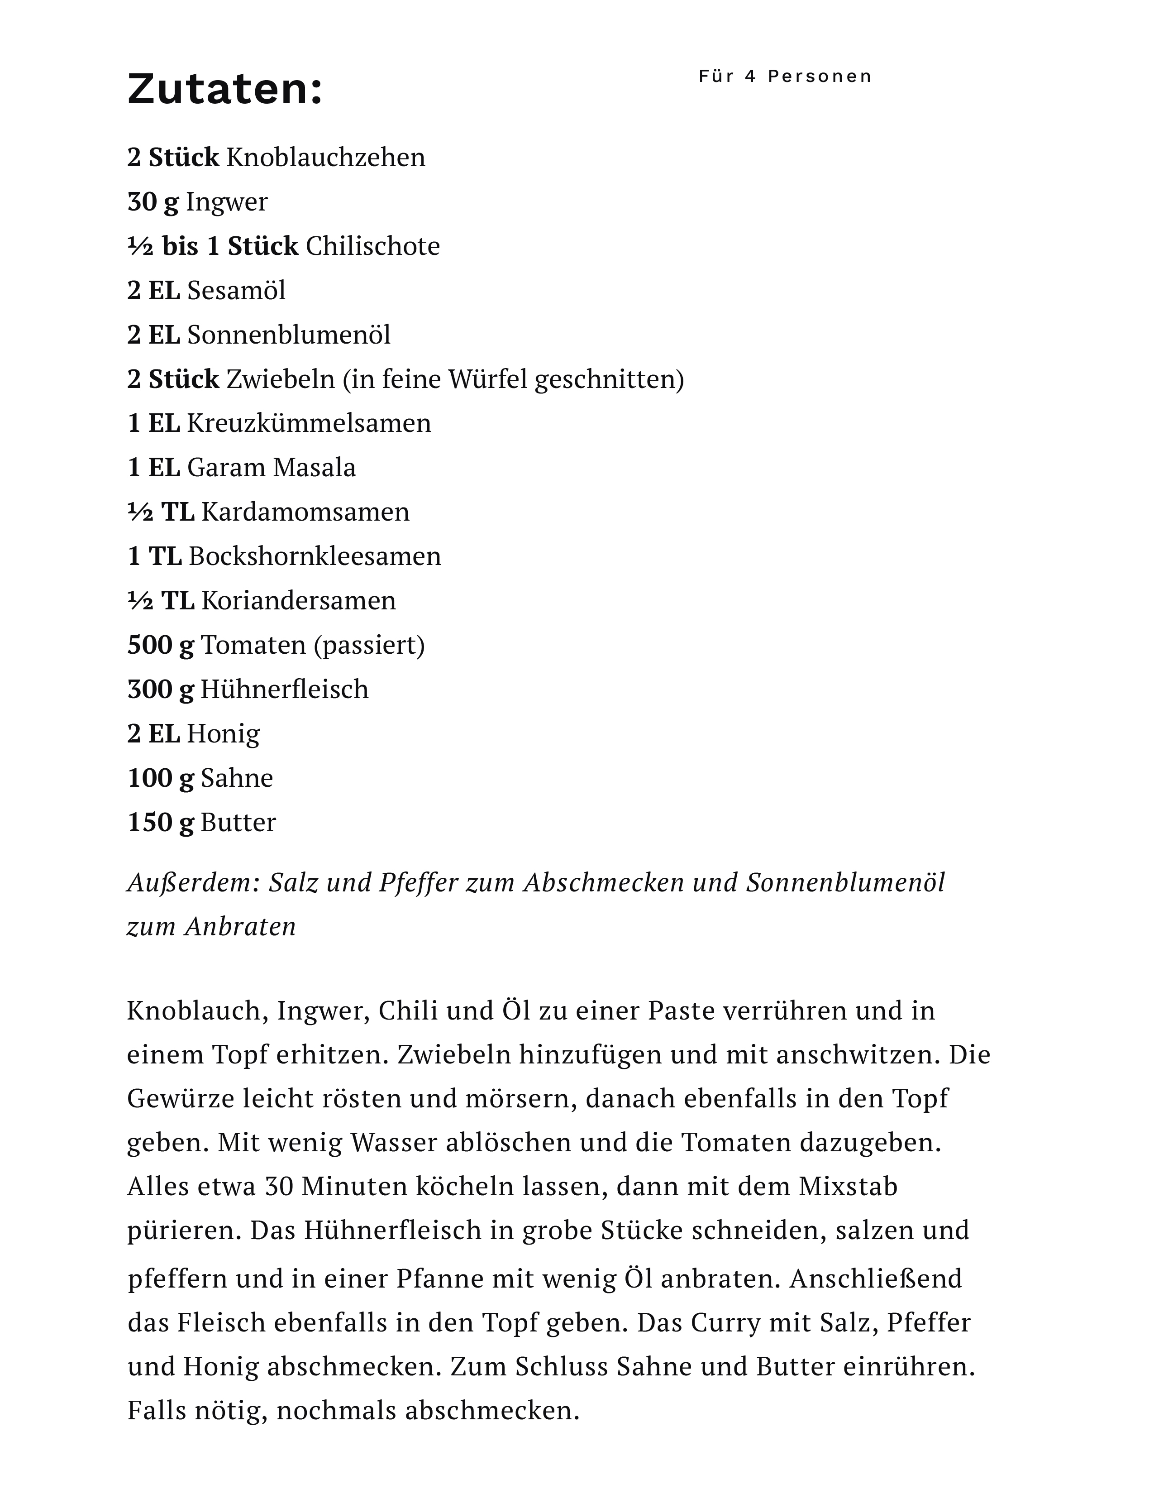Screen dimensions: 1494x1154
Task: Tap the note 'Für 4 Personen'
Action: tap(785, 76)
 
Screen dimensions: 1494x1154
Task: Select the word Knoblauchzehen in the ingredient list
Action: tap(325, 158)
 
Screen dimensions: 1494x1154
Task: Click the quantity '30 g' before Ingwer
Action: tap(153, 202)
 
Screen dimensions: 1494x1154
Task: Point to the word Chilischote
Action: tap(372, 246)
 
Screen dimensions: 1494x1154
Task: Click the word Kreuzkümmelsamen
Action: tap(309, 423)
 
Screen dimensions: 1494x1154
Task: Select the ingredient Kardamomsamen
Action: tap(305, 512)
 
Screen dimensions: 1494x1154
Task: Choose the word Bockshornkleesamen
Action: tap(315, 556)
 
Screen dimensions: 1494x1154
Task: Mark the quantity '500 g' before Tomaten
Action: tap(160, 644)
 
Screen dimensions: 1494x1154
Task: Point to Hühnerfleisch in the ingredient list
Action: tap(284, 689)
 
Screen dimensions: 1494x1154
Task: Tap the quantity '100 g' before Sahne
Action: tap(160, 778)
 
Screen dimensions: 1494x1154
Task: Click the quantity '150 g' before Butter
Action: tap(160, 822)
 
